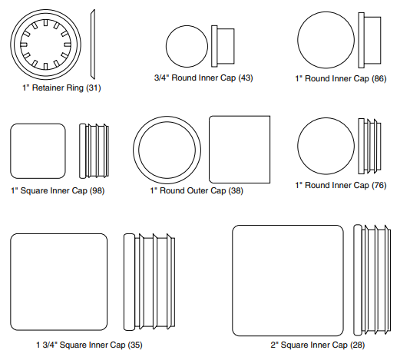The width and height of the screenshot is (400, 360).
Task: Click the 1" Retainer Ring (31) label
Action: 61,88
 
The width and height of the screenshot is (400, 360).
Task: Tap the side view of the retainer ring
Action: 93,45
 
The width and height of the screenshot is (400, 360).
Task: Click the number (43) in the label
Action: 246,78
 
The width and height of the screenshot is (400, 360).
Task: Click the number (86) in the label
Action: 379,78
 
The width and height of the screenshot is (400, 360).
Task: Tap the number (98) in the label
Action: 97,190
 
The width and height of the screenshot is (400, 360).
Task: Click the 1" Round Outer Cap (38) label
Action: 197,190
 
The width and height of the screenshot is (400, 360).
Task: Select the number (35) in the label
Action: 135,345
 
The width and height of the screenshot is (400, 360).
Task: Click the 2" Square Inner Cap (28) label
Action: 318,345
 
